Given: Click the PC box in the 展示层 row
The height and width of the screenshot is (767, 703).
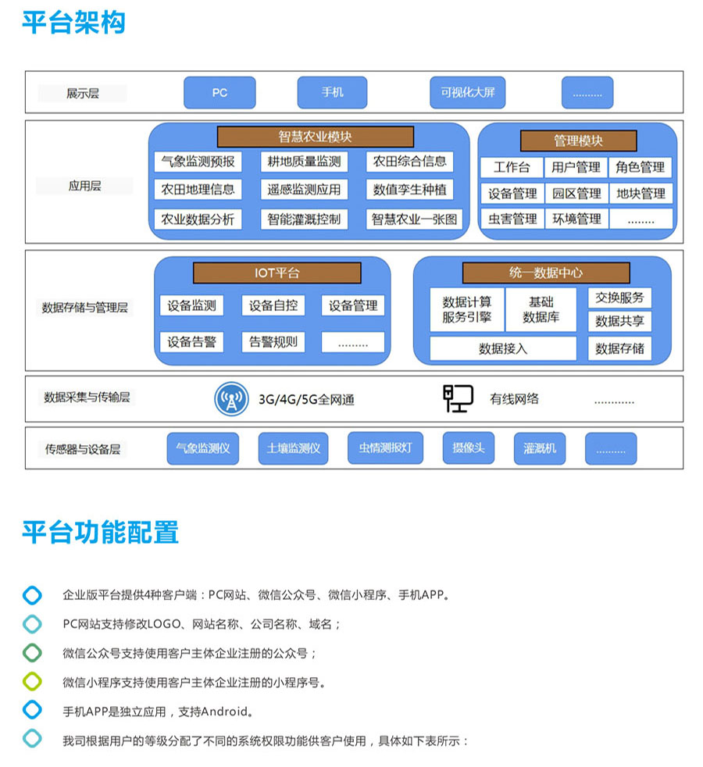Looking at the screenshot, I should (x=219, y=92).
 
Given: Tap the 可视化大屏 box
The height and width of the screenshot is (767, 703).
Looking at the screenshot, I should (x=467, y=92).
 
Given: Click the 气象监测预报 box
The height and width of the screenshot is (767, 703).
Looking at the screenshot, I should (x=198, y=162).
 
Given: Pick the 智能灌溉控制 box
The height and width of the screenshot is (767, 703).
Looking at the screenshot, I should (x=304, y=219).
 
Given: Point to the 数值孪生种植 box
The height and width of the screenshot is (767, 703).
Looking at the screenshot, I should (x=409, y=190).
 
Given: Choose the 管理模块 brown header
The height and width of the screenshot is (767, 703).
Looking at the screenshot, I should (x=578, y=141).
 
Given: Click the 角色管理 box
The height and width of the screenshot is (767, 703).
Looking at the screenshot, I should (x=640, y=167).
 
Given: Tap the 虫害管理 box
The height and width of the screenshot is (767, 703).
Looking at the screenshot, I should (x=512, y=219).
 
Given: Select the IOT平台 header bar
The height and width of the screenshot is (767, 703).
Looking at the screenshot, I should (x=277, y=273).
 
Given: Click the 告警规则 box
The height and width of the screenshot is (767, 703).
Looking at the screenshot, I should (x=273, y=341).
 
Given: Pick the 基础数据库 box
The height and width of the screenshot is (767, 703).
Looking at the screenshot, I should (x=541, y=309).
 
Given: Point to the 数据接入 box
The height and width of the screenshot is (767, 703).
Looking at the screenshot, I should (x=503, y=348).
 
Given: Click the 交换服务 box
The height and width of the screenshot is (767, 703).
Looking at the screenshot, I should (x=619, y=298).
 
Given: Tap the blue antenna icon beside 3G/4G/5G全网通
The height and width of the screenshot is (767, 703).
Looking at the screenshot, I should (x=231, y=399).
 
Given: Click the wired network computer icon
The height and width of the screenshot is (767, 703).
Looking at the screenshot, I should (x=458, y=398).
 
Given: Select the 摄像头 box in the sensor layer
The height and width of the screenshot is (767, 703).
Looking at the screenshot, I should (x=469, y=448).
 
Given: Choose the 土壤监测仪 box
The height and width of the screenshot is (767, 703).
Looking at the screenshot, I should (x=293, y=448).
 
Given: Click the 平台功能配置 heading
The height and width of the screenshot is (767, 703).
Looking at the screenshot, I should (x=101, y=532).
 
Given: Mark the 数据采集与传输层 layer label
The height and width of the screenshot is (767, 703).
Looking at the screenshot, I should (x=87, y=398).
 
